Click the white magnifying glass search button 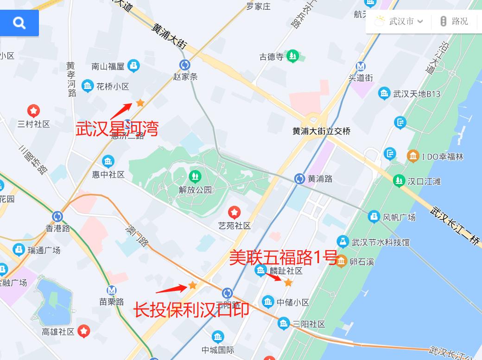coord(19,23)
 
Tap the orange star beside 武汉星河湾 coord(140,103)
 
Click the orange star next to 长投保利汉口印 coord(192,285)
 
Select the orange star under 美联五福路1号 coord(288,282)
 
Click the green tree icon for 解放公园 coord(195,176)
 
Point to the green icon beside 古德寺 coord(292,57)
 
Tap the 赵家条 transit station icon coord(185,65)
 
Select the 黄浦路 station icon coord(300,178)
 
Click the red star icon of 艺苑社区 coord(235,213)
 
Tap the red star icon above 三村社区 coord(33,111)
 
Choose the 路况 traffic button coord(454,21)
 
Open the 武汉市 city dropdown coord(400,21)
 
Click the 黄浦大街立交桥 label coord(321,131)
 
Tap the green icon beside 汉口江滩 coord(399,181)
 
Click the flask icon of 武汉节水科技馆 coord(342,241)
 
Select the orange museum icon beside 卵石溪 coord(342,261)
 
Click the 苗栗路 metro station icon coord(112,291)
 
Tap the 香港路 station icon coord(57,216)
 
